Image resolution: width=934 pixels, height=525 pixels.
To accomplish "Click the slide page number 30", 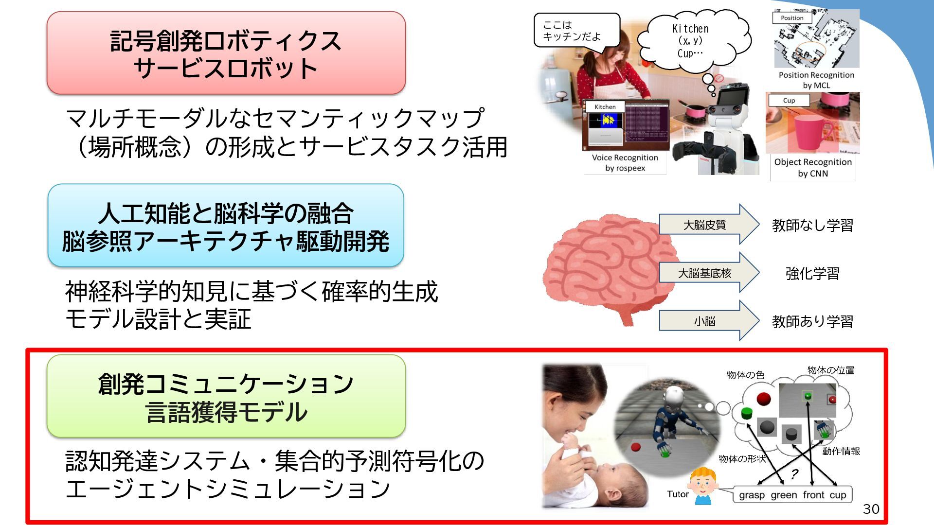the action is (871, 509).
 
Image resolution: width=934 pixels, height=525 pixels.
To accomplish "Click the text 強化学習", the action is (812, 274).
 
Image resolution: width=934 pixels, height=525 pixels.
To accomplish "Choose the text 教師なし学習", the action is (812, 226).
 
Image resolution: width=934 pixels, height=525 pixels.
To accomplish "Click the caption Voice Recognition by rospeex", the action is (625, 163).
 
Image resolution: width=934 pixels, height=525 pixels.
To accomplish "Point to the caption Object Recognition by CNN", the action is (813, 168).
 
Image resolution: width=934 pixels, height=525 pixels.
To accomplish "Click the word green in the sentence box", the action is (784, 495).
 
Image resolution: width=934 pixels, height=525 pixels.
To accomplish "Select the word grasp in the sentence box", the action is (752, 495).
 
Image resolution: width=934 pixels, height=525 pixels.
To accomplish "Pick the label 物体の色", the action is (745, 375).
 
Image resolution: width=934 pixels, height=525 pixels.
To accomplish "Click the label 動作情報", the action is (841, 451).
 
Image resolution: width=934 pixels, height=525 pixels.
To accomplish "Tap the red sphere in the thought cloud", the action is (763, 399).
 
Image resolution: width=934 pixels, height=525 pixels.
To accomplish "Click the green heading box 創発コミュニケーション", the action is (226, 396).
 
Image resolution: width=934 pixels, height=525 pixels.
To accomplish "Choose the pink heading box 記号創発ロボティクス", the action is (226, 53).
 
